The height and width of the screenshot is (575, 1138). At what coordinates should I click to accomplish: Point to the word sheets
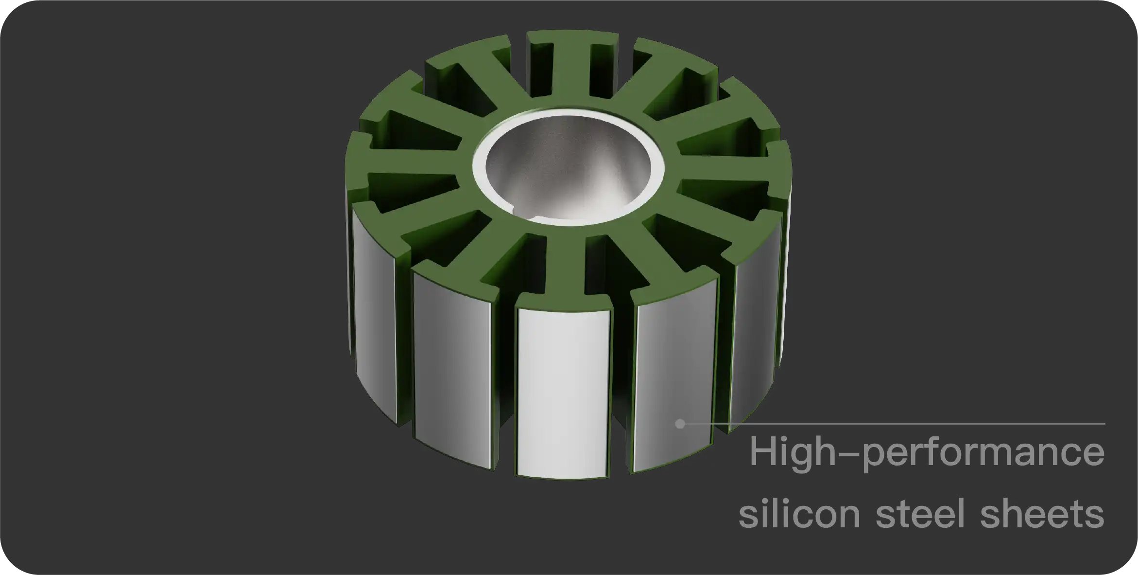(1042, 514)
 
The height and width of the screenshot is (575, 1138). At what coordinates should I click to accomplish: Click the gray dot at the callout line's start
(680, 424)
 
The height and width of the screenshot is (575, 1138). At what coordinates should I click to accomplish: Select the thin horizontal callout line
(899, 424)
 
